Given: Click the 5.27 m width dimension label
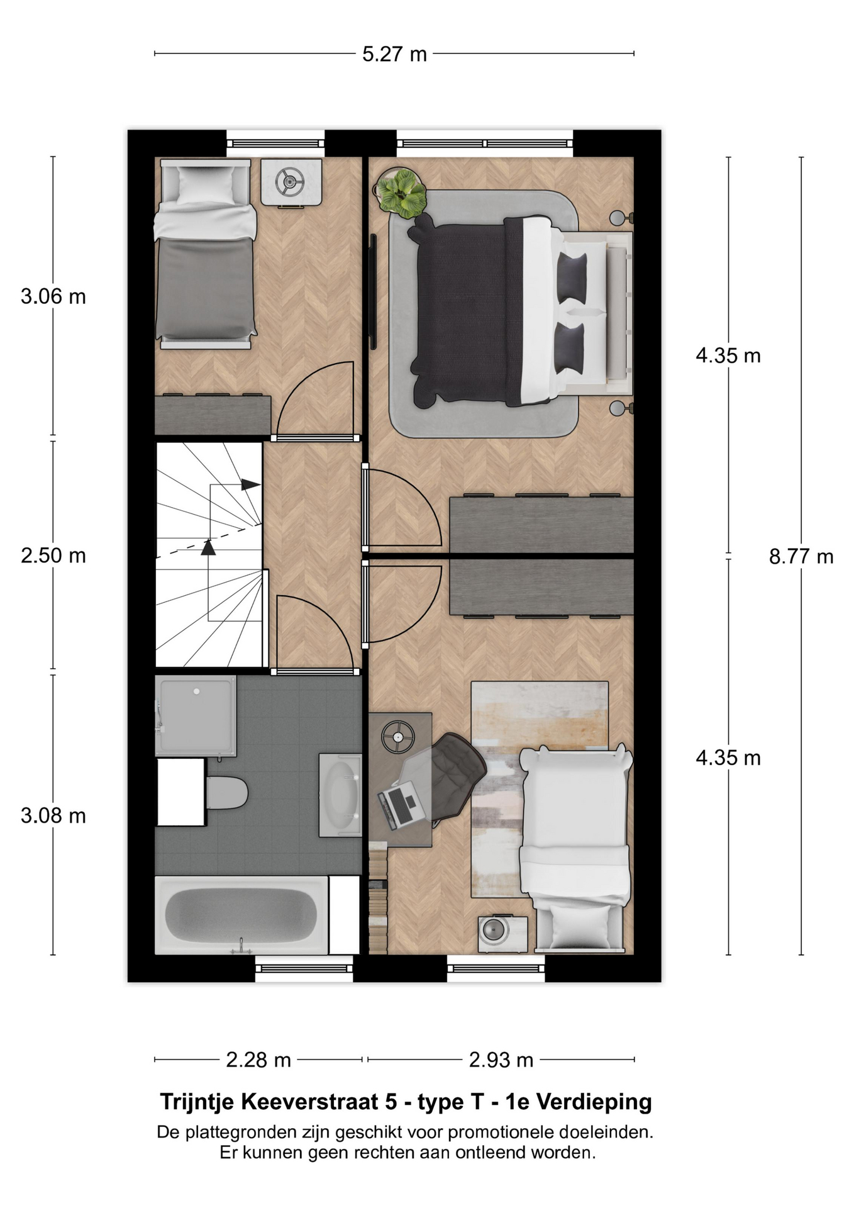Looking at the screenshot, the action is [x=394, y=54].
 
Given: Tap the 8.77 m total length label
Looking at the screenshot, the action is [x=801, y=556].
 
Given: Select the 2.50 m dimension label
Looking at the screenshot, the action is [x=53, y=556].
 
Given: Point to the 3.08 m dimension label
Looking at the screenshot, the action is [x=53, y=815].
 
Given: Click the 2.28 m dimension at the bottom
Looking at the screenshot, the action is [x=258, y=1060].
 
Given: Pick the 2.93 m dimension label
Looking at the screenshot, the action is [x=501, y=1060].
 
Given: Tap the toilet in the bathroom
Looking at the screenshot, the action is [x=225, y=793].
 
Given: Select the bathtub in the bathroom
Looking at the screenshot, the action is [x=241, y=915].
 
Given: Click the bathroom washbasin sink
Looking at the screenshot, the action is [x=340, y=795].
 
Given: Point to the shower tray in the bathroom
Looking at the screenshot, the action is [x=196, y=716].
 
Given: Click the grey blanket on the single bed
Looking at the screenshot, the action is [x=206, y=289].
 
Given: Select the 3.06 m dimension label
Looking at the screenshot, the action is [x=53, y=296].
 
